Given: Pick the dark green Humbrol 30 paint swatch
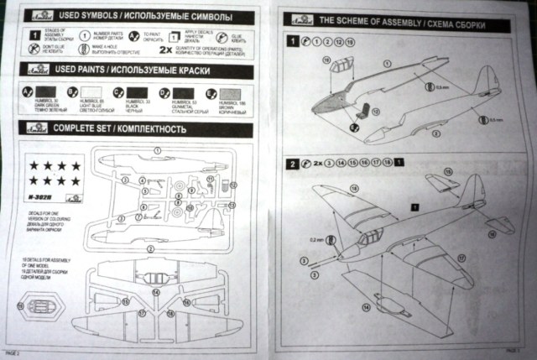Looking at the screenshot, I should point(43,91).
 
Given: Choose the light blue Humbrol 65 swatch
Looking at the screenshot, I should point(88,91).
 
